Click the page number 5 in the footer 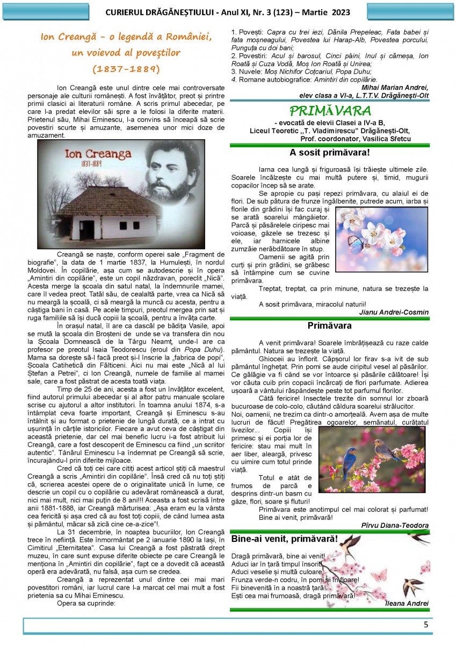click(x=426, y=625)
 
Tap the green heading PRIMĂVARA click(x=330, y=111)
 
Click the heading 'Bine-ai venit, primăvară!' click(x=285, y=539)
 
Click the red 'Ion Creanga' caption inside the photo click(x=98, y=154)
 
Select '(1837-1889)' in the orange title click(x=126, y=69)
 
